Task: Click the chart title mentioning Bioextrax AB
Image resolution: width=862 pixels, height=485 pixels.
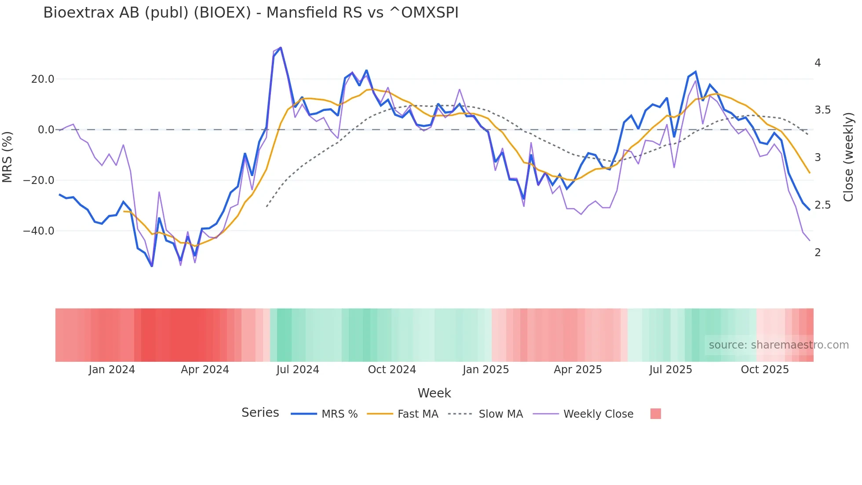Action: tap(251, 13)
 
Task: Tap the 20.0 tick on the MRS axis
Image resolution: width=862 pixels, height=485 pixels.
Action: tap(42, 79)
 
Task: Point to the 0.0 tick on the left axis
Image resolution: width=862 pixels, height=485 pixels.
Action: tap(46, 130)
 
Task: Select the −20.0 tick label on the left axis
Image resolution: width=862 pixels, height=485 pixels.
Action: tap(39, 180)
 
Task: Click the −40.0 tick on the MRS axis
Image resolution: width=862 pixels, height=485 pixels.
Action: tap(39, 231)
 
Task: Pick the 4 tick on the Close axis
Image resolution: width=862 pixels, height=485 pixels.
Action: tap(818, 63)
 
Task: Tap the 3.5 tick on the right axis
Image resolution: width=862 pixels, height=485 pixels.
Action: tap(822, 110)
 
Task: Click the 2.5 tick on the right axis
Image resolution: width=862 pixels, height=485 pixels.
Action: tap(822, 205)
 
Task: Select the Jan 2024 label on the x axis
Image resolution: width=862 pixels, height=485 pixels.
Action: tap(112, 370)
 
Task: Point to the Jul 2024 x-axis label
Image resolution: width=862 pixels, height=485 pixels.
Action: tap(298, 370)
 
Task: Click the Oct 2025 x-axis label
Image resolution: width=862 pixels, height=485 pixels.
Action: tap(765, 370)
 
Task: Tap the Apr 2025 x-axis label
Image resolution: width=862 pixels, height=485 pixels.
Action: tap(577, 370)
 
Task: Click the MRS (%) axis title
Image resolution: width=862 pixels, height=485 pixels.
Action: tap(7, 157)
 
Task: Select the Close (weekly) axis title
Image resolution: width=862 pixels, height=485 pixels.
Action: tap(848, 157)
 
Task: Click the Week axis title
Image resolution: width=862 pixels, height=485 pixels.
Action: tap(434, 393)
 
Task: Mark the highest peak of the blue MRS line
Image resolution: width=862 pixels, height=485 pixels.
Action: tap(281, 48)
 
